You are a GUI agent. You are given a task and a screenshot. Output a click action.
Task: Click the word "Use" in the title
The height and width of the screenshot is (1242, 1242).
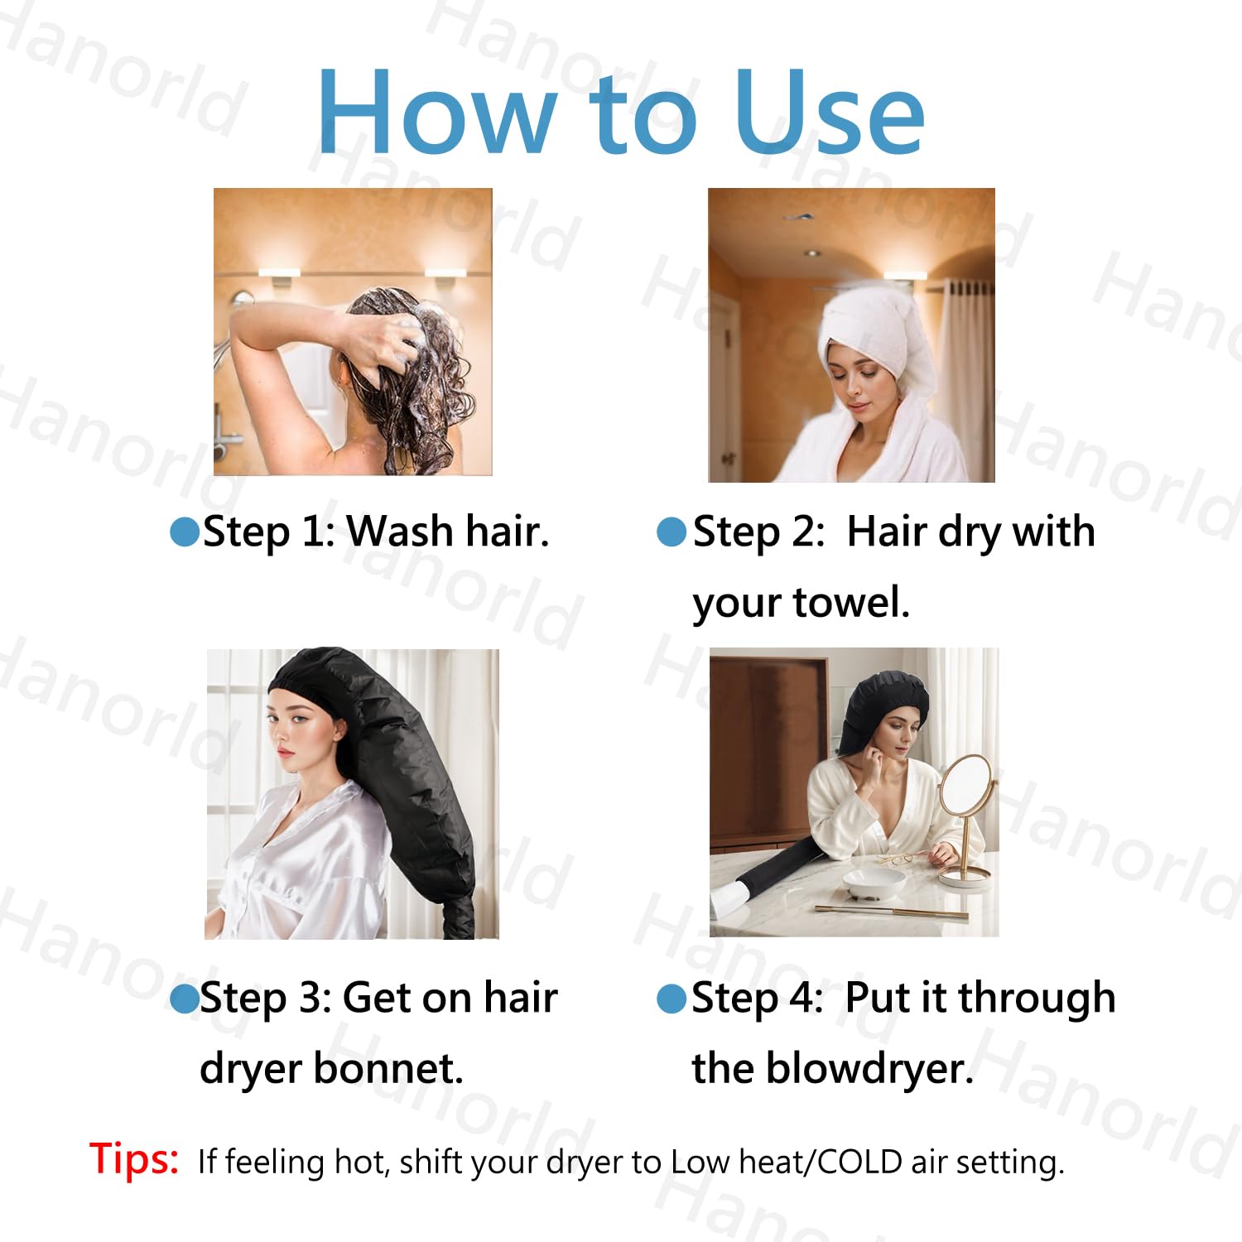pos(830,112)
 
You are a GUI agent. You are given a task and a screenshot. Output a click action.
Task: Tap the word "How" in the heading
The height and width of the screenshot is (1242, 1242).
pos(437,112)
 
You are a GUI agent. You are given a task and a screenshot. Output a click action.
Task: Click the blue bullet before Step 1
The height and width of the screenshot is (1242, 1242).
pos(185,532)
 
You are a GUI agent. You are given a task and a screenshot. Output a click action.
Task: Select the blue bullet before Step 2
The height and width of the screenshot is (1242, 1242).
pos(672,532)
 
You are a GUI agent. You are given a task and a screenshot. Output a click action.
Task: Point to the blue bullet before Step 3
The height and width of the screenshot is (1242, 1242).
pos(185,999)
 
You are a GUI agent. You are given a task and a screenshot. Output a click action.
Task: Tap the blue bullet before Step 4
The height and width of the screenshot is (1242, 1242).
pos(672,999)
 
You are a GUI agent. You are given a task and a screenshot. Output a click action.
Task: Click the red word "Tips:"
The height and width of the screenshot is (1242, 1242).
pos(134,1158)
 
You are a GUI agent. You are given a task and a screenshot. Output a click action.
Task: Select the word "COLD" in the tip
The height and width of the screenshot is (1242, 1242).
pos(860,1162)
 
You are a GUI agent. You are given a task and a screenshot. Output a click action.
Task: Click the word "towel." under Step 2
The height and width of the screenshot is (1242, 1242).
pos(850,602)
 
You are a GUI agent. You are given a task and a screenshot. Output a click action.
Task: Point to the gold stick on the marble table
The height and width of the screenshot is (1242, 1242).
pos(891,912)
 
